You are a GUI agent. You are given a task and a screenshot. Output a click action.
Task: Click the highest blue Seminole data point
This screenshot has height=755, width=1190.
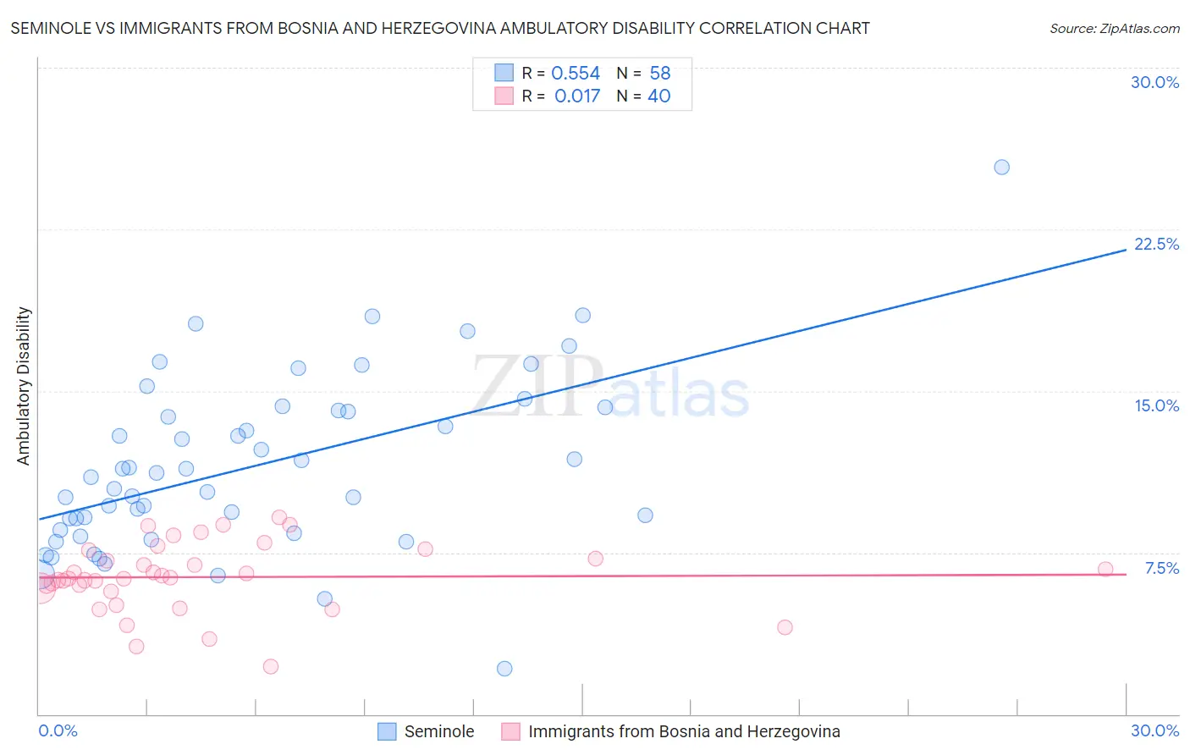[1001, 167]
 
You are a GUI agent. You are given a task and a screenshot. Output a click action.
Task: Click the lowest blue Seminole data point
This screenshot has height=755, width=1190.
[504, 669]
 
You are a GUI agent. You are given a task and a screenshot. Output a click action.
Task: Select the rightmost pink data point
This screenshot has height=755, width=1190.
[1105, 569]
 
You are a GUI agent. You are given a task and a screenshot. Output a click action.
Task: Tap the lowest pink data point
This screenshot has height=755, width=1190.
[271, 666]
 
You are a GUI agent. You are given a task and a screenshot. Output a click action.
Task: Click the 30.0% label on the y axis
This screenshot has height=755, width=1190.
[1154, 82]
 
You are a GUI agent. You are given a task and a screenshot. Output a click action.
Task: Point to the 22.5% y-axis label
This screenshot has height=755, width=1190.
[1156, 244]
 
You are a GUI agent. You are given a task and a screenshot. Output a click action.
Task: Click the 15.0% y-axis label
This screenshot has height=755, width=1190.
[1156, 405]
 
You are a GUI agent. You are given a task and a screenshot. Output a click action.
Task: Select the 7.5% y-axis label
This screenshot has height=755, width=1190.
[1161, 568]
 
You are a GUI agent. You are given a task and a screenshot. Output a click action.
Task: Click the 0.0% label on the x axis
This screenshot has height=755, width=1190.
[58, 730]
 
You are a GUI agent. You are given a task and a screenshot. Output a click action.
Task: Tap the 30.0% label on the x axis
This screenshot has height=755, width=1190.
[1154, 730]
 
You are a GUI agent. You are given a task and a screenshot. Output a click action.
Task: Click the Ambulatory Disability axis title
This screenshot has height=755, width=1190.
[24, 386]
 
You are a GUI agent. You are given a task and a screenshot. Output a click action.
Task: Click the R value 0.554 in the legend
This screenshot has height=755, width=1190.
[576, 74]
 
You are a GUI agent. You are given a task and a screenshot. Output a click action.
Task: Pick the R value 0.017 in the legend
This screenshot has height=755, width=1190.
[577, 96]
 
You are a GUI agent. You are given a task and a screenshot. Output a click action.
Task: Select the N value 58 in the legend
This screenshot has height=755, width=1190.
[660, 74]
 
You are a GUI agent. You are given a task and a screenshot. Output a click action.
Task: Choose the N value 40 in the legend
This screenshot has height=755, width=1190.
[659, 96]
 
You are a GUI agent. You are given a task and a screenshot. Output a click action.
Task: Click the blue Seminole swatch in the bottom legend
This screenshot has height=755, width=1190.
[387, 731]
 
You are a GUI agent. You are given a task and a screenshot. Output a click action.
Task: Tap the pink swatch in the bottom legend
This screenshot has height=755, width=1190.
[510, 731]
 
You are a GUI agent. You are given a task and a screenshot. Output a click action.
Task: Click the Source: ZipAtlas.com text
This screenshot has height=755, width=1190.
[1114, 29]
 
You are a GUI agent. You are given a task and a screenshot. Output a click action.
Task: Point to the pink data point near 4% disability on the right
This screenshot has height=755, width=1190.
[785, 627]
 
